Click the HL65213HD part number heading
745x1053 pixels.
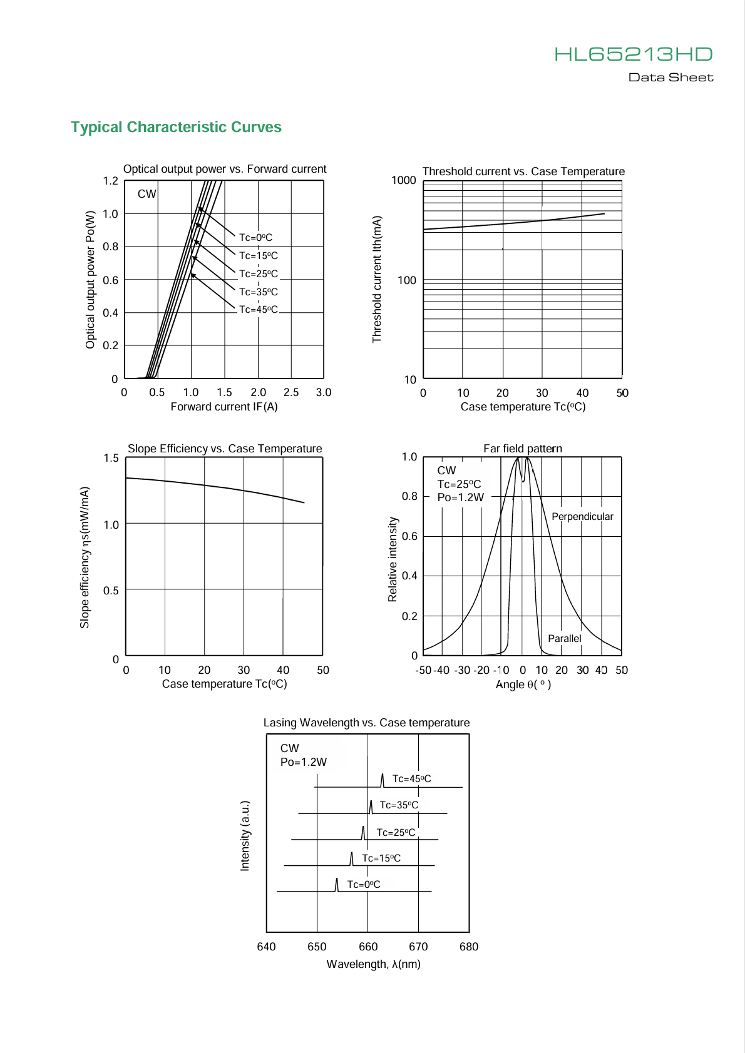coord(634,54)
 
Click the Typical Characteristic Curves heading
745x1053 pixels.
coord(176,127)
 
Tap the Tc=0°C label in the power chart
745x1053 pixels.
coord(255,237)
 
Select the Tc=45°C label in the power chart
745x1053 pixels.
coord(258,309)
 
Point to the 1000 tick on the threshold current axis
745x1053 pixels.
coord(404,180)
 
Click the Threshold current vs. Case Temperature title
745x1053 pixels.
coord(523,171)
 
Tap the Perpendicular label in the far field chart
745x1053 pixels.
coord(582,516)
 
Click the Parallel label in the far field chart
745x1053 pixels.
coord(565,638)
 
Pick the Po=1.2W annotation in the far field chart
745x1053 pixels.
coord(460,497)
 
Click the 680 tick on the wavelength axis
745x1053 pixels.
coord(468,947)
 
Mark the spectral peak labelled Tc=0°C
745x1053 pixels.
coord(336,884)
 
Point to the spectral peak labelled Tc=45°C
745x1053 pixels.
coord(383,780)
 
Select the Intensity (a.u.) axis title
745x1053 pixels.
coord(245,835)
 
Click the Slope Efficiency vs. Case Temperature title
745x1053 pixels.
coord(225,449)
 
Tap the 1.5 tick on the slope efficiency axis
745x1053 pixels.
coord(111,458)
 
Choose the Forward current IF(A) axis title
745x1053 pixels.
coord(224,407)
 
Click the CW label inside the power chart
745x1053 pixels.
coord(146,194)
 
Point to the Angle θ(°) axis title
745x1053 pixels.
coord(523,684)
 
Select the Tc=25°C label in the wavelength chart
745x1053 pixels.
coord(396,833)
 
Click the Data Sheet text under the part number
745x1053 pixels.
coord(670,78)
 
